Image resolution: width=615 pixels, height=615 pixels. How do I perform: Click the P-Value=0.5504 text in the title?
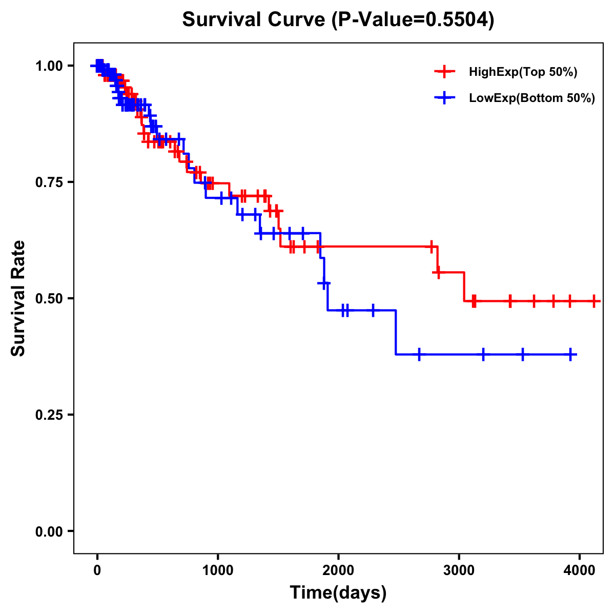pyautogui.click(x=413, y=20)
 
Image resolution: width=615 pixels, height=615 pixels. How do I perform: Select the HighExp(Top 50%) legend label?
pyautogui.click(x=523, y=72)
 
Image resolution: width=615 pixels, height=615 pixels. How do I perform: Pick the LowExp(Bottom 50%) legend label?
pyautogui.click(x=532, y=98)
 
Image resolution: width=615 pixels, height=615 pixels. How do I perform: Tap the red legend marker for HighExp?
pyautogui.click(x=444, y=72)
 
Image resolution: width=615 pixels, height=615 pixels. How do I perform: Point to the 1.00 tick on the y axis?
pyautogui.click(x=49, y=66)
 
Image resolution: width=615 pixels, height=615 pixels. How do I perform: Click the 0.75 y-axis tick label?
pyautogui.click(x=49, y=182)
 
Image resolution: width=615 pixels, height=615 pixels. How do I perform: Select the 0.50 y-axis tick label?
pyautogui.click(x=49, y=299)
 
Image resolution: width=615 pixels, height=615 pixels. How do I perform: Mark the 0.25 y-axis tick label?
pyautogui.click(x=49, y=415)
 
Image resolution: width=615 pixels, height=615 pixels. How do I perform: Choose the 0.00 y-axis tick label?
pyautogui.click(x=49, y=531)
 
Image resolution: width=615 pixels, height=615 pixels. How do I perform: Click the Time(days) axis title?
pyautogui.click(x=338, y=593)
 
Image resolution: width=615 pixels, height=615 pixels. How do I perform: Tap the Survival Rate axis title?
pyautogui.click(x=18, y=298)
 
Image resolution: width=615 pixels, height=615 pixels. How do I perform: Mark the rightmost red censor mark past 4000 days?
pyautogui.click(x=593, y=301)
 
